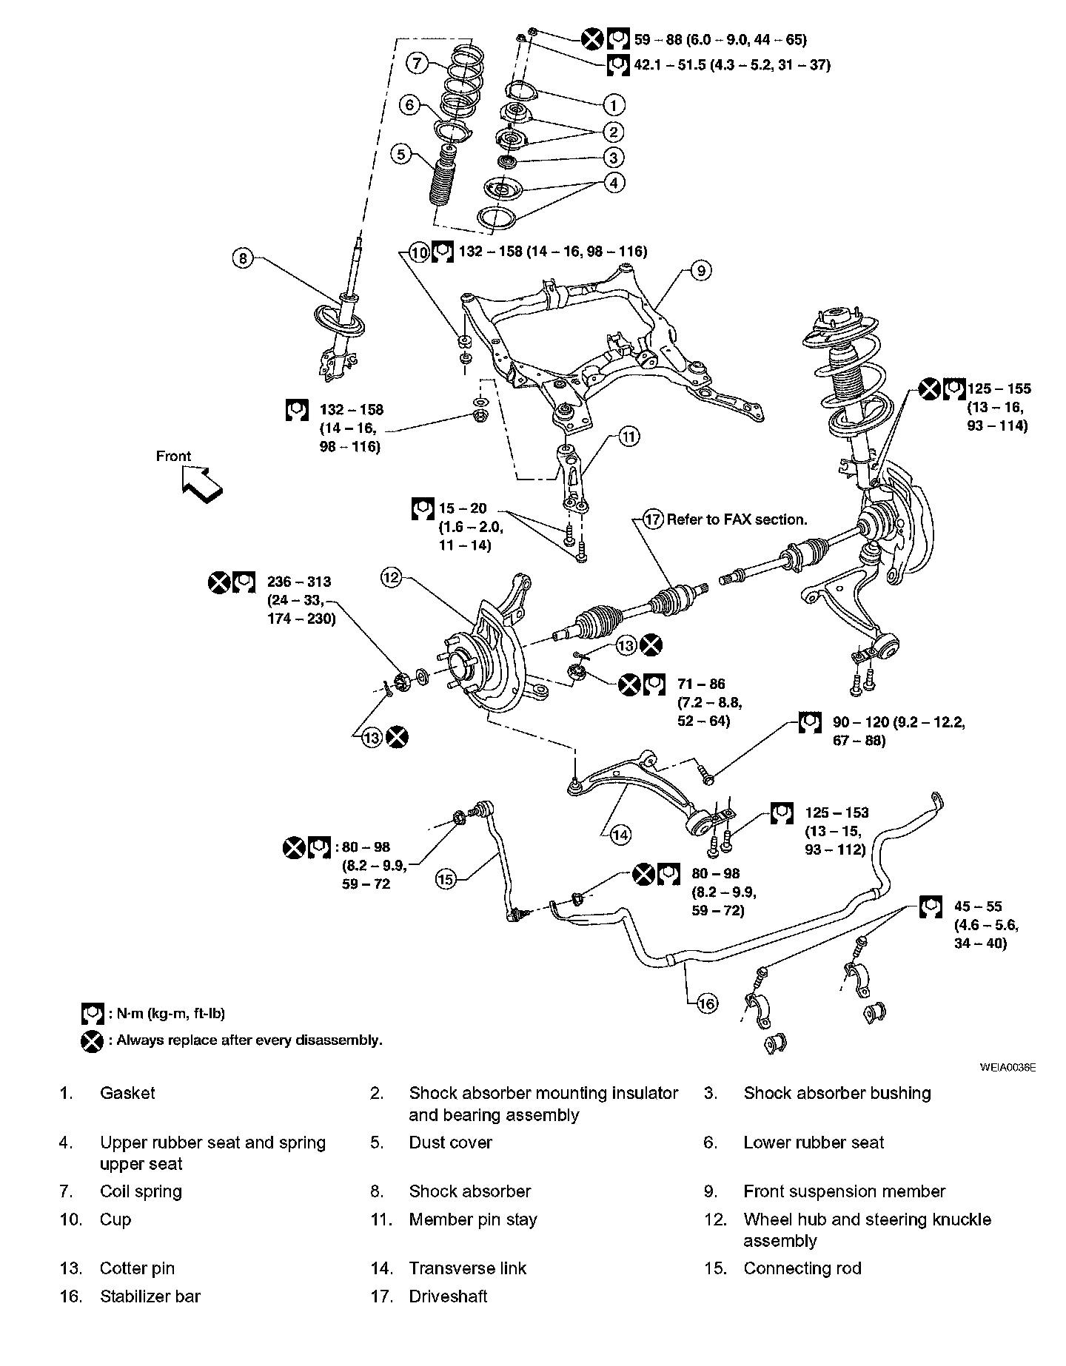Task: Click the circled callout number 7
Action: (417, 64)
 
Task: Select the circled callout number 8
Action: (243, 258)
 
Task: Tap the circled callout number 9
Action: (700, 271)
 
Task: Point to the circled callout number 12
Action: (391, 577)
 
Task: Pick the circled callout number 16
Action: (707, 1003)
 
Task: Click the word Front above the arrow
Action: (173, 457)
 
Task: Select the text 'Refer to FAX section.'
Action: (737, 519)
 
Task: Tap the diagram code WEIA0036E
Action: (1008, 1067)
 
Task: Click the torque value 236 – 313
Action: (299, 582)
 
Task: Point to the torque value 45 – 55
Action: (977, 906)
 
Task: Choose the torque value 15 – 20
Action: (463, 508)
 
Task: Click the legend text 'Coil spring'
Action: (141, 1191)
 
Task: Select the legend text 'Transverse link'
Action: (467, 1268)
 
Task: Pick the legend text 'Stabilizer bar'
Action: (150, 1296)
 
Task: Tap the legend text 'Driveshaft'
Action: (448, 1296)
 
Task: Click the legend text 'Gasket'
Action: (127, 1093)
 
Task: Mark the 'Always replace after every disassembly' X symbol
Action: (91, 1040)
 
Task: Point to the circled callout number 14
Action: (620, 835)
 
